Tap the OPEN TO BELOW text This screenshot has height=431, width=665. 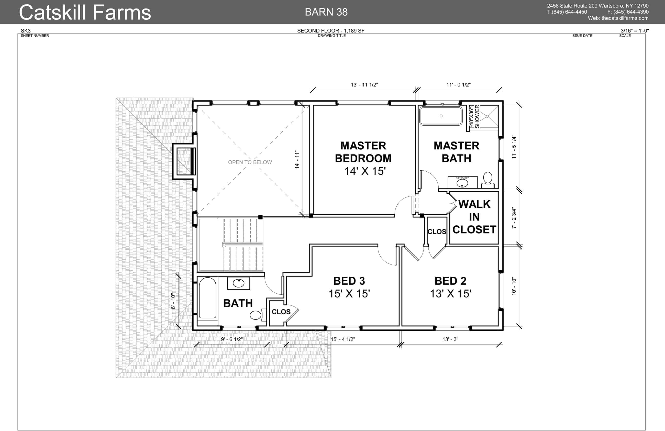(x=250, y=162)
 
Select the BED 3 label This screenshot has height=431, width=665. (x=349, y=281)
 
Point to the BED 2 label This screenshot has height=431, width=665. (x=450, y=281)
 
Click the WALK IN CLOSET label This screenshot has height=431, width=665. (x=474, y=217)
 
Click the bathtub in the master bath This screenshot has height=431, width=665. (x=441, y=116)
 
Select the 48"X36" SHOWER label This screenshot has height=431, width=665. (x=474, y=117)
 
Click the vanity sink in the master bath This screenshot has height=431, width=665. (x=462, y=183)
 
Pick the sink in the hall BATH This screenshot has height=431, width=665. (x=238, y=283)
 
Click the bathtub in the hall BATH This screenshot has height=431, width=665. (x=207, y=298)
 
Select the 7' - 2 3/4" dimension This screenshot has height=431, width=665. (x=514, y=218)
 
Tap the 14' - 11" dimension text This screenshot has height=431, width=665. (x=297, y=160)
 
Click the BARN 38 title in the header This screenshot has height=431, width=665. (x=326, y=12)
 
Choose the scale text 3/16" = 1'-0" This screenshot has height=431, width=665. (x=635, y=31)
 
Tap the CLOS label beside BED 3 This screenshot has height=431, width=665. (x=281, y=312)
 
